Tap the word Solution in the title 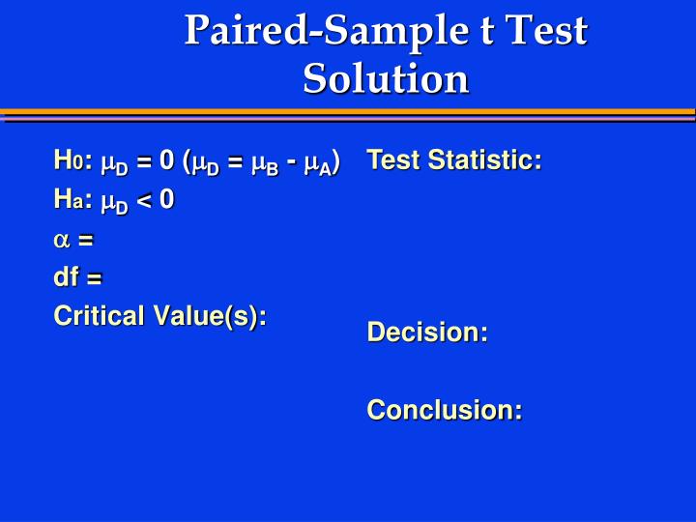click(x=386, y=78)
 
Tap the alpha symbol click(x=61, y=239)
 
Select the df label click(x=66, y=277)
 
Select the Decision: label click(x=427, y=333)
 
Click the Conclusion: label click(x=445, y=410)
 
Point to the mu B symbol click(x=265, y=161)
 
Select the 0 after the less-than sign click(x=167, y=200)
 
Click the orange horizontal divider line click(x=348, y=112)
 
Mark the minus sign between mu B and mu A click(x=292, y=159)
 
